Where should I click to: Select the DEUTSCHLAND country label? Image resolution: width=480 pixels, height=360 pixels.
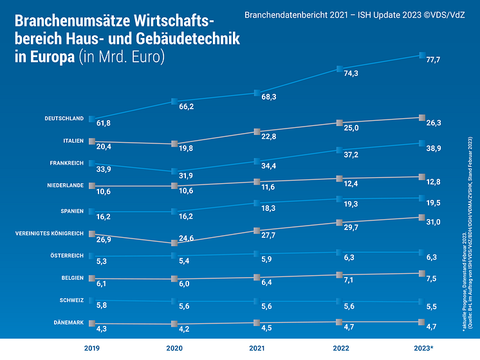click(64, 119)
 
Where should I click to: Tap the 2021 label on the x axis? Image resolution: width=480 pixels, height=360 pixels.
click(256, 348)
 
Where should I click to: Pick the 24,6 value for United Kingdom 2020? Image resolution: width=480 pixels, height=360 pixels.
click(185, 239)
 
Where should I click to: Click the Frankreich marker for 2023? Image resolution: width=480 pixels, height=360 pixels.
click(421, 143)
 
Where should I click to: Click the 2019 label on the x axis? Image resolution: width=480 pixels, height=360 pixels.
click(91, 348)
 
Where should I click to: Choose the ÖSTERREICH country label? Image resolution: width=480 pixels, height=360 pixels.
click(67, 255)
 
